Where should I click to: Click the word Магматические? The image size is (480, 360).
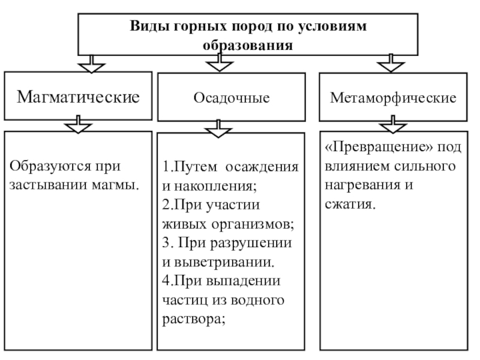click(x=77, y=96)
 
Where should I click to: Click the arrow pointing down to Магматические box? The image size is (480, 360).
click(x=89, y=63)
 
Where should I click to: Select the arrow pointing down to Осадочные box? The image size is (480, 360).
click(x=220, y=63)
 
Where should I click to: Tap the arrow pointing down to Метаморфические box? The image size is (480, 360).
click(x=391, y=63)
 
